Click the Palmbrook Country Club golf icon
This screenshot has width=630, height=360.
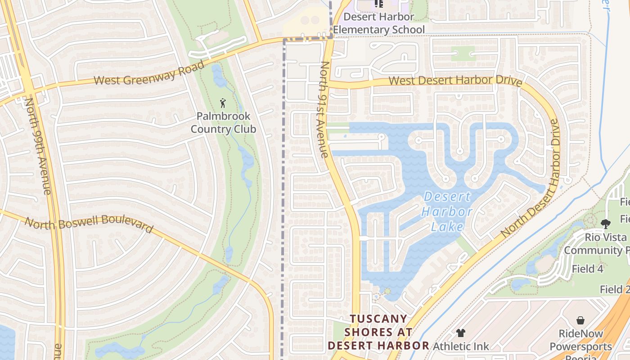(x=223, y=103)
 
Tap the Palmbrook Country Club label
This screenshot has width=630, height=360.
(x=223, y=122)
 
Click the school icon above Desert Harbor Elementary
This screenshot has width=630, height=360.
(x=379, y=4)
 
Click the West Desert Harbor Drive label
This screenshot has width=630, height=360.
(x=455, y=81)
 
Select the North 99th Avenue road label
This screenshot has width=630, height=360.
(x=38, y=146)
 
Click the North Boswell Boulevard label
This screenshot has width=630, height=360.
(x=89, y=225)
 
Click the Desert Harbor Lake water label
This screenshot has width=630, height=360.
(x=448, y=211)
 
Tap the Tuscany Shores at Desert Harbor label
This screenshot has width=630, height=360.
(x=378, y=332)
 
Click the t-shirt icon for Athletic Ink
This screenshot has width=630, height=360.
(x=460, y=333)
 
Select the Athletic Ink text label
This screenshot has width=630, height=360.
(x=460, y=346)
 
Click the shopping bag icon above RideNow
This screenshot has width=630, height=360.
(x=580, y=320)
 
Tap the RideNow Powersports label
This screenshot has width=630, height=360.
(x=580, y=340)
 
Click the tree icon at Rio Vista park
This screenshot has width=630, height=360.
(x=606, y=224)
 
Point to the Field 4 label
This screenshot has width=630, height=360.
(x=587, y=269)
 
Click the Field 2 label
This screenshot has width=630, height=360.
(x=614, y=290)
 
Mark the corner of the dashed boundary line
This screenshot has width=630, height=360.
(x=284, y=40)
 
